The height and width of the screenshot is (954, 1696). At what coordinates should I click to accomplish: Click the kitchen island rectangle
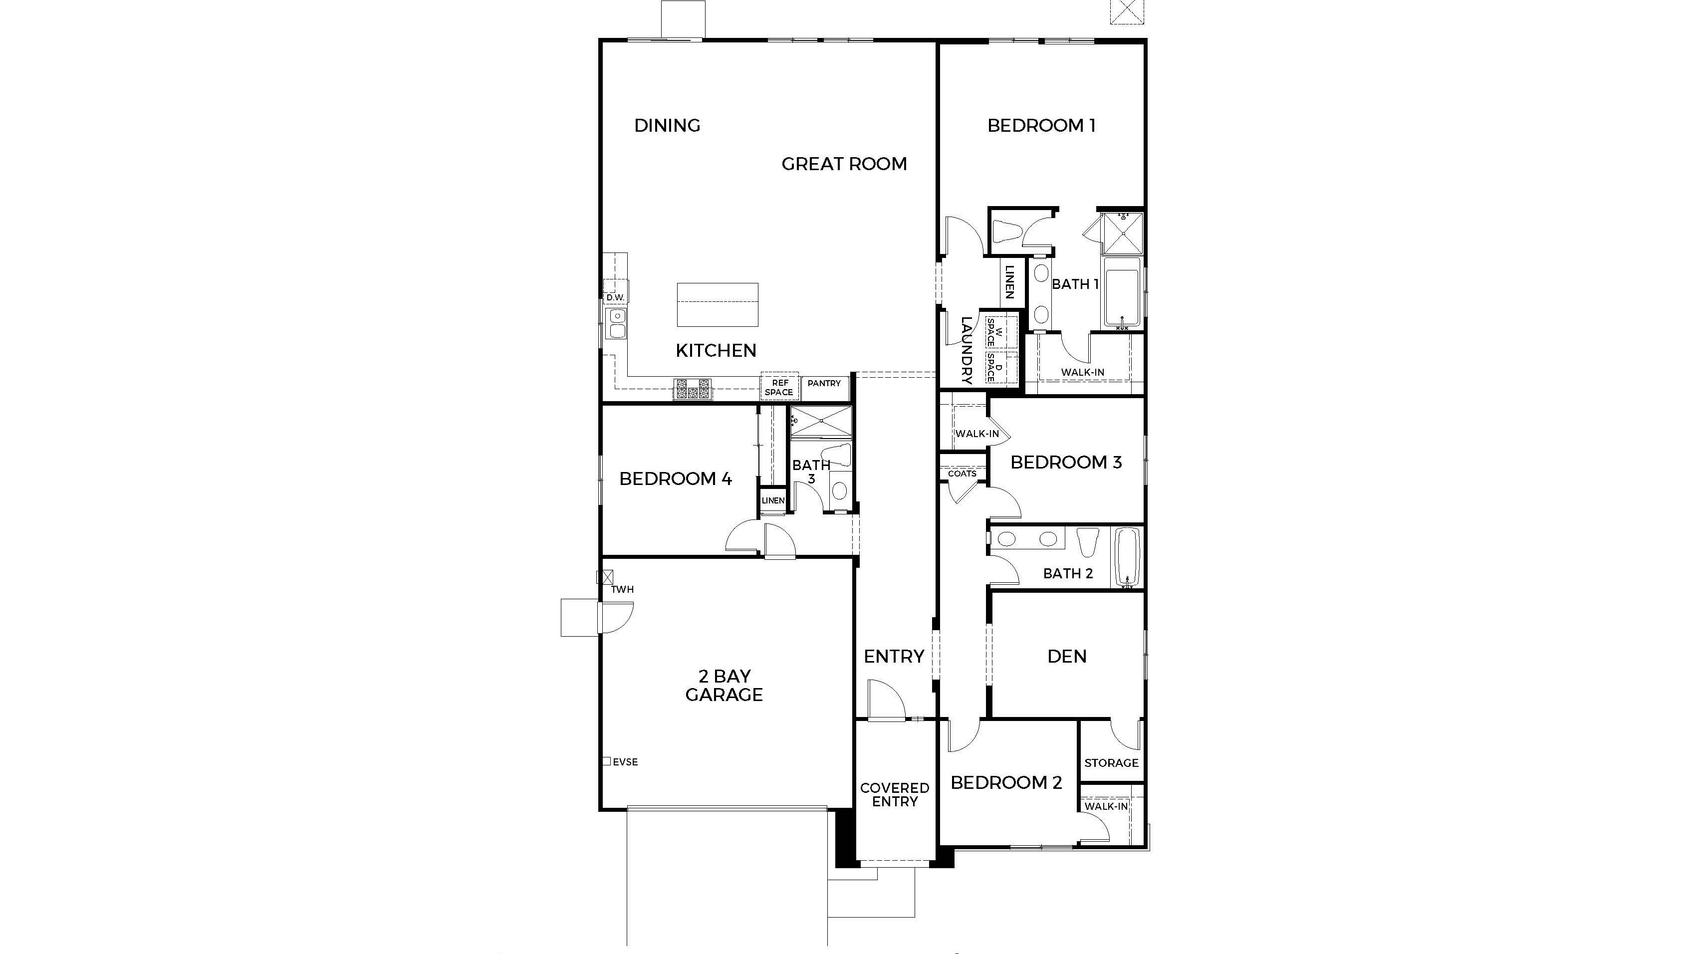717,304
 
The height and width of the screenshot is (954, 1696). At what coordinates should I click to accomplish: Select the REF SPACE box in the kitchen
779,387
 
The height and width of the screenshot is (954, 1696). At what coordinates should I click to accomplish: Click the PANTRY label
824,383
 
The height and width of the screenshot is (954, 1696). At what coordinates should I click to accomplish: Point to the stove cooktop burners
693,389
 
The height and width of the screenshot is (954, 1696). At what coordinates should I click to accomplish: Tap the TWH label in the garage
622,589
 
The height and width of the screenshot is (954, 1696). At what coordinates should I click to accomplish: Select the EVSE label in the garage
625,762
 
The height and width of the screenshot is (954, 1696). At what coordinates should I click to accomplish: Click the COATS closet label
962,474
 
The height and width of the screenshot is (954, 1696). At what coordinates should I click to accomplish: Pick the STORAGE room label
1111,763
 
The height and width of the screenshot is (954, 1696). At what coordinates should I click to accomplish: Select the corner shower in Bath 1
1123,234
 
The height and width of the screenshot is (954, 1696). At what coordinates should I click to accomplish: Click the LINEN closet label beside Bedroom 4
773,500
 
